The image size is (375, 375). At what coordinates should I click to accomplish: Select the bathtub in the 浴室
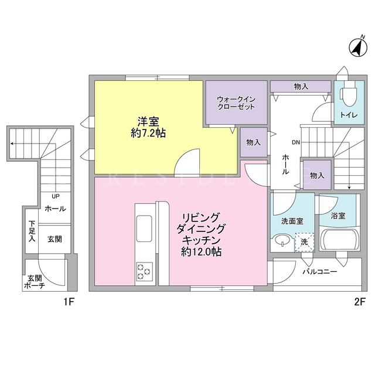pyautogui.click(x=340, y=240)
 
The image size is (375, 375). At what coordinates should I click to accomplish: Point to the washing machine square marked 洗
pyautogui.click(x=304, y=242)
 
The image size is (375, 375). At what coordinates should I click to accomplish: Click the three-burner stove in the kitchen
pyautogui.click(x=145, y=271)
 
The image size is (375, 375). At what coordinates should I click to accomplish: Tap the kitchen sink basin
pyautogui.click(x=144, y=229)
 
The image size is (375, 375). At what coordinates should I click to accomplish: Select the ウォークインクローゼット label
pyautogui.click(x=236, y=103)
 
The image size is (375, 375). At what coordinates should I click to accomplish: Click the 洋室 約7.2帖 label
pyautogui.click(x=148, y=127)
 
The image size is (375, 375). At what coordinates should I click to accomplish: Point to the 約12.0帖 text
pyautogui.click(x=201, y=251)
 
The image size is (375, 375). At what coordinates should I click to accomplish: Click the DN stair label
pyautogui.click(x=296, y=142)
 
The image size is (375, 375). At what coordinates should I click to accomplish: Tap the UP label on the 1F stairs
pyautogui.click(x=56, y=196)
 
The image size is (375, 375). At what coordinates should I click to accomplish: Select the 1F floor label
pyautogui.click(x=69, y=302)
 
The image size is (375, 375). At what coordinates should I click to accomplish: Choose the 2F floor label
pyautogui.click(x=360, y=302)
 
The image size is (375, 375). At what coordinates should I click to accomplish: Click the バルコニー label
pyautogui.click(x=320, y=272)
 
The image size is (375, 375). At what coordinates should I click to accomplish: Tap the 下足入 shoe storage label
pyautogui.click(x=32, y=231)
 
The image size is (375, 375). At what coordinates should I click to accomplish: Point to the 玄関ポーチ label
pyautogui.click(x=35, y=282)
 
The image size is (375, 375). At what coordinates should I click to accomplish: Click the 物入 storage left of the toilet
pyautogui.click(x=301, y=86)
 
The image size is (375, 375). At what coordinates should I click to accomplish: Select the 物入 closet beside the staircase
pyautogui.click(x=317, y=175)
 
